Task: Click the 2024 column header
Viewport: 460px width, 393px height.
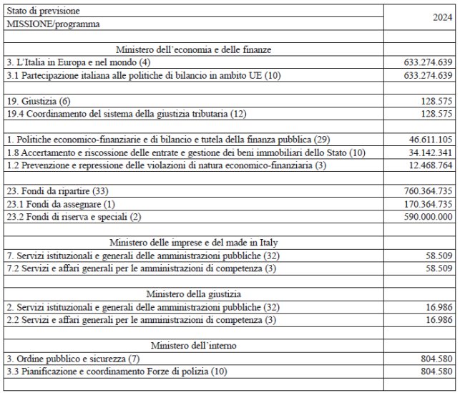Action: coord(440,18)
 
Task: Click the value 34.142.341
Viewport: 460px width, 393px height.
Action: coord(427,151)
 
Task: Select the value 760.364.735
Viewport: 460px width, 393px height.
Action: coord(425,190)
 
